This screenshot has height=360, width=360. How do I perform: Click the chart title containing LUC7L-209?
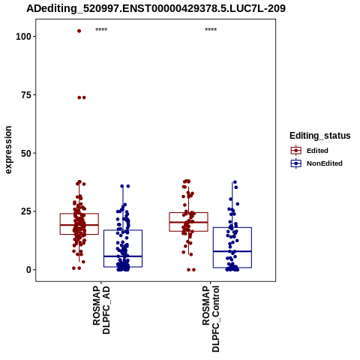tap(156, 8)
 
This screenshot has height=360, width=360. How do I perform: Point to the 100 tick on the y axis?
tap(23, 37)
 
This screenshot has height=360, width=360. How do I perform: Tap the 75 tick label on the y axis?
tap(26, 95)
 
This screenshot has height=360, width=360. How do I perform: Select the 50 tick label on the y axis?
tap(26, 153)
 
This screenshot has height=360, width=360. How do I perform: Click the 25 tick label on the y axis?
tap(26, 211)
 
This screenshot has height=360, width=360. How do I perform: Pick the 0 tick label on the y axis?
tap(28, 270)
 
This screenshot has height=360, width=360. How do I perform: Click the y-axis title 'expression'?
tap(8, 150)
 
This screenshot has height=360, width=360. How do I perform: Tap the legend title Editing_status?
tap(320, 136)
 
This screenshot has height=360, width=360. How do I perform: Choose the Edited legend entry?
tap(317, 151)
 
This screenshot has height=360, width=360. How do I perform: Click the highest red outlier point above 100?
tap(79, 31)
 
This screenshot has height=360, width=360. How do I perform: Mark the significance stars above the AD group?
tap(101, 30)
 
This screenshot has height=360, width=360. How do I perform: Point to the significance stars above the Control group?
tap(211, 30)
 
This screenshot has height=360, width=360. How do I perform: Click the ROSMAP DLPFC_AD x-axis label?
tap(101, 310)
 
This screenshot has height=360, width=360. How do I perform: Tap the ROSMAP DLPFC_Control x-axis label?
tap(211, 319)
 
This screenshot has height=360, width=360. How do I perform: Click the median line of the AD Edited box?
tap(79, 225)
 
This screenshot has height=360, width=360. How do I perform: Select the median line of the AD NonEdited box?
tap(123, 256)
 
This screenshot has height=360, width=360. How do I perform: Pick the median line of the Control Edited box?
tap(188, 222)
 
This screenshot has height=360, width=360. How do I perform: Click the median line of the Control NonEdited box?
tap(232, 251)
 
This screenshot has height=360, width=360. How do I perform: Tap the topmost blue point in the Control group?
tap(235, 182)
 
